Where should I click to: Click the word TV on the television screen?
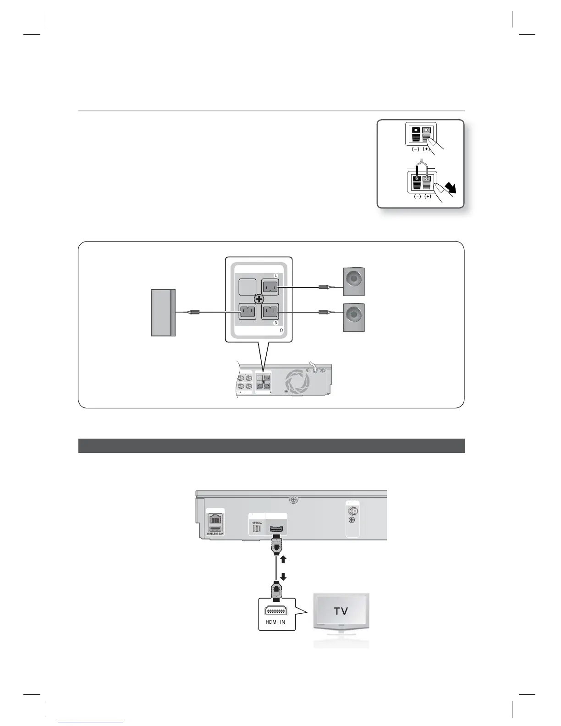(341, 611)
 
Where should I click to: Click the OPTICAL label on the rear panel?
(257, 523)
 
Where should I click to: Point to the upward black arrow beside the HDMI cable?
(283, 559)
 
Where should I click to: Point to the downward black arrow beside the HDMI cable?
(283, 576)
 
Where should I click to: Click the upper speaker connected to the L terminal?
(354, 281)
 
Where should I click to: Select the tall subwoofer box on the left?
(163, 313)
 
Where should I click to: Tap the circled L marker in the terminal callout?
(276, 275)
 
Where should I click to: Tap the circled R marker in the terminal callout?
(276, 323)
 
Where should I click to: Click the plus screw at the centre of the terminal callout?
(259, 299)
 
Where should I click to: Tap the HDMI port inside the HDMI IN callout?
(276, 610)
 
